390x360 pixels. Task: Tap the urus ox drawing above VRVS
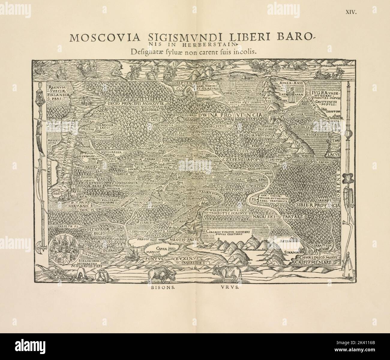pyautogui.click(x=226, y=273)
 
